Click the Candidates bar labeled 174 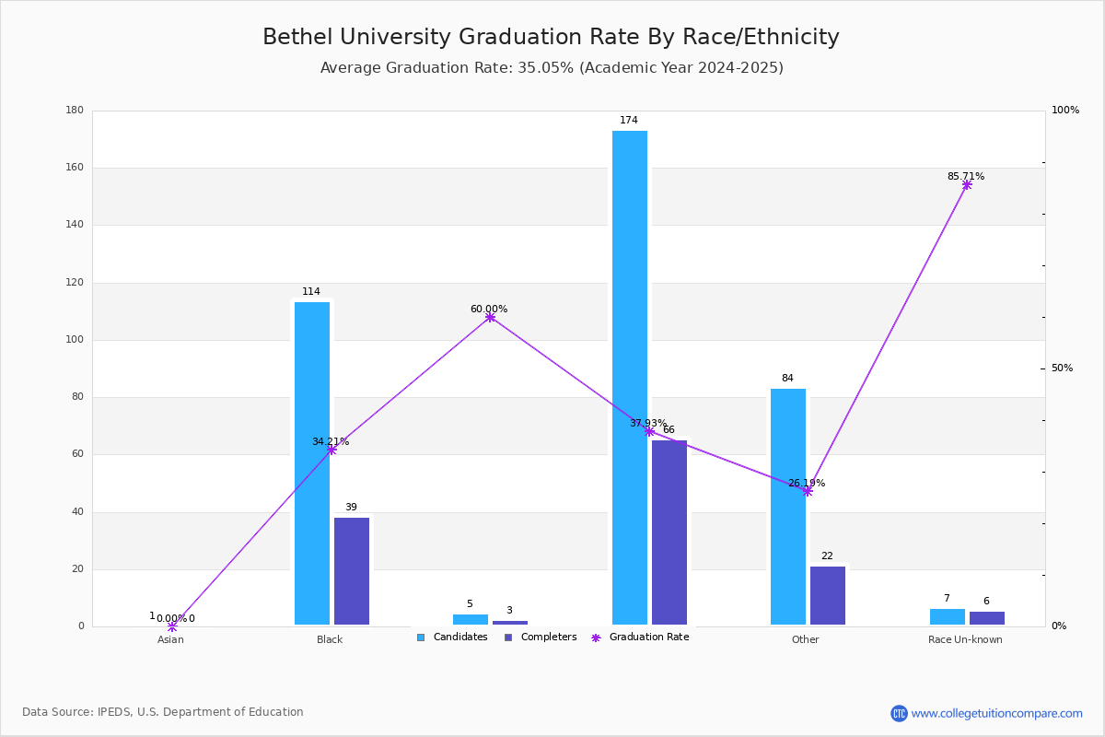coord(630,378)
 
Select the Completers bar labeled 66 coord(669,532)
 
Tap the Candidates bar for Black coord(312,463)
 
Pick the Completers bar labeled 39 coord(351,571)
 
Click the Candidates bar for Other coord(788,507)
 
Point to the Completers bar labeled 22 coord(827,595)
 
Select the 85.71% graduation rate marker coord(966,184)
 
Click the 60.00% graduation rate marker coord(490,318)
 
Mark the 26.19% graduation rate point coord(808,491)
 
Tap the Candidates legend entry coord(452,637)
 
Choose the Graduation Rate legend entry coord(640,637)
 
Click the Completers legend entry coord(541,637)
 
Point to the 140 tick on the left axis coord(75,225)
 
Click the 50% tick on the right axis coord(1062,368)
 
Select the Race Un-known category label coord(965,639)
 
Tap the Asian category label coord(170,639)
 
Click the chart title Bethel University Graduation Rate coord(551,37)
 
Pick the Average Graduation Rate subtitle coord(552,67)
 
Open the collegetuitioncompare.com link coord(996,713)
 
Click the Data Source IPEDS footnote coord(163,712)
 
